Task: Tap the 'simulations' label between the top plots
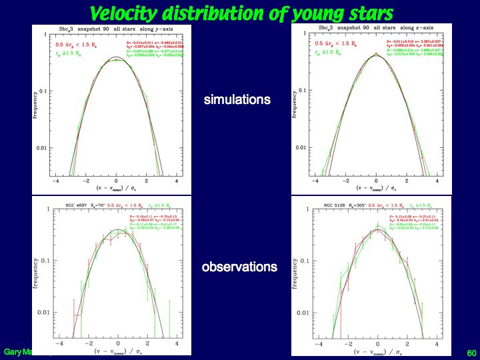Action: [x=237, y=100]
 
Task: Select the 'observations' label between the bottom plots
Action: [x=239, y=267]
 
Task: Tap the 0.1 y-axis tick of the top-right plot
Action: [x=302, y=91]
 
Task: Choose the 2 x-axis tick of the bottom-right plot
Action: [x=407, y=343]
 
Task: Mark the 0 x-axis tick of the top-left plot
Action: [x=116, y=181]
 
